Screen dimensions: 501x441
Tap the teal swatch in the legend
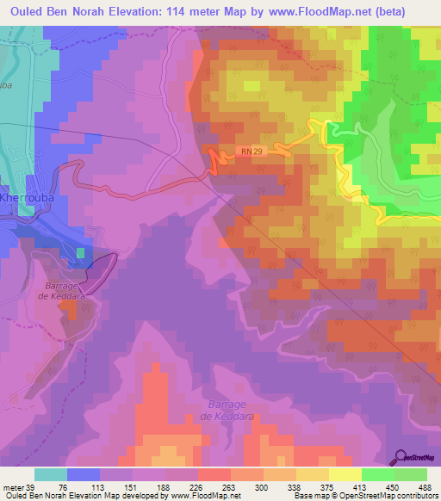[x=51, y=474]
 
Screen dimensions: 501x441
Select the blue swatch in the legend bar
[x=84, y=474]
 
